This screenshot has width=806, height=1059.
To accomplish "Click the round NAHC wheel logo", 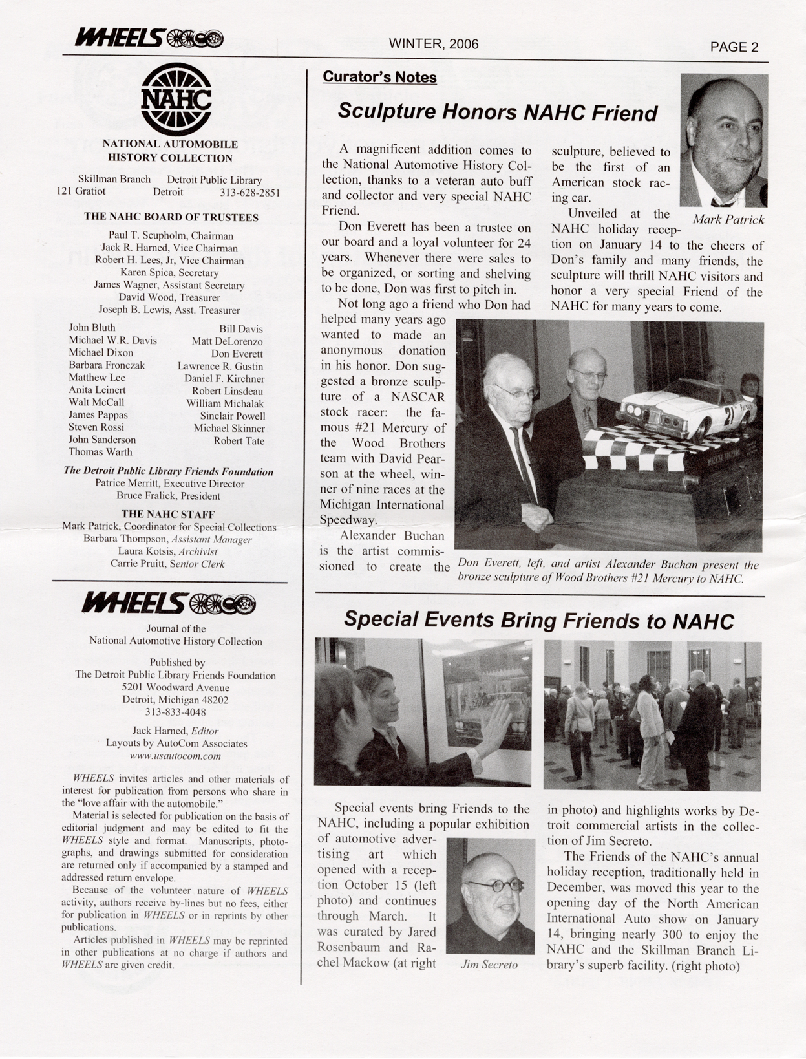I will pos(176,99).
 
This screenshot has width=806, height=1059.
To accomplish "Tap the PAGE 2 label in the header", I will pos(734,47).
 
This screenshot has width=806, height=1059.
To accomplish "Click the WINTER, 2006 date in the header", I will pos(433,44).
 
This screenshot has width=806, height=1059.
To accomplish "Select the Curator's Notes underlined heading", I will pos(379,77).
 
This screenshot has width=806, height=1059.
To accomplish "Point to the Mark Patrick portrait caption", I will pos(728,219).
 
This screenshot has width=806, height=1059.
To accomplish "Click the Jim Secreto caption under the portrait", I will pos(489,965).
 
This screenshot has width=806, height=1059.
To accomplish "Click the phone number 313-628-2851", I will pos(249,192).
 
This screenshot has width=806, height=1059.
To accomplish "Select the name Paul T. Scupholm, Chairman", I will pos(171,235).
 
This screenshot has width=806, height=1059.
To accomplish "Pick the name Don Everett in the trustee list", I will pos(237,354).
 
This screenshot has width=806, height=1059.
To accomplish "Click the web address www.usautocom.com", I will pos(175,756).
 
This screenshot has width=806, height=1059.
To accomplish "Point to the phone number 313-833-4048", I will pos(175,712).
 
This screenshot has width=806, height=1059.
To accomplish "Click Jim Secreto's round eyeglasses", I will pos(494,885).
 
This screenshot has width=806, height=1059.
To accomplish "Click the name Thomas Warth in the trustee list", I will pos(100,452).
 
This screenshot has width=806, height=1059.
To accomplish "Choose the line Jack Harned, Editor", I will pos(175,731).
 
